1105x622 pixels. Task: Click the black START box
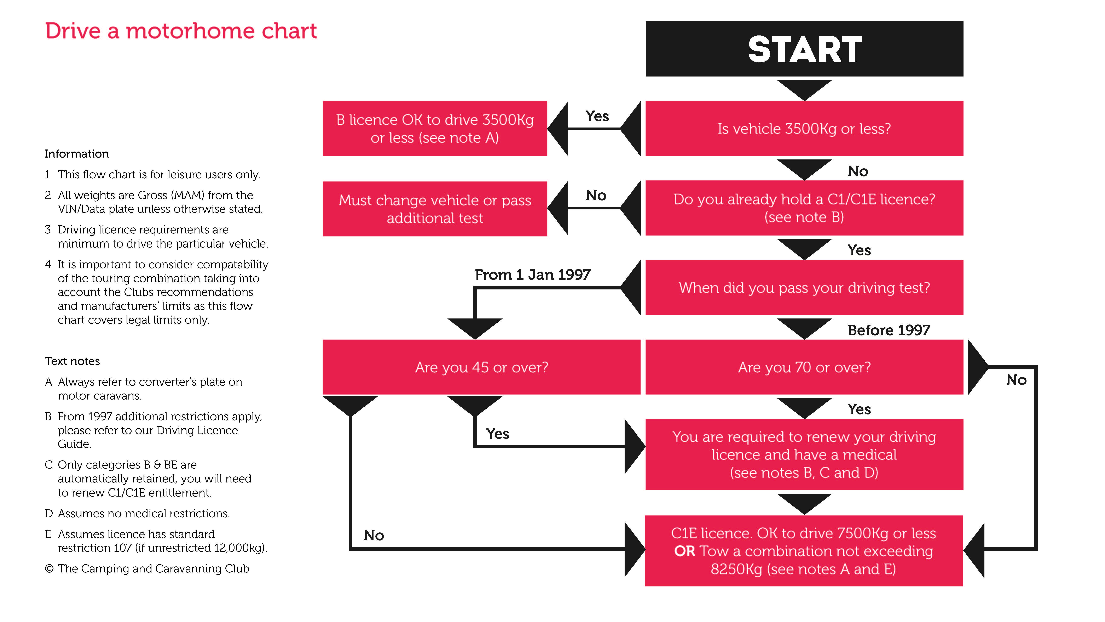click(804, 49)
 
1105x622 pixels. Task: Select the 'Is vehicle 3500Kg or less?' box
click(804, 128)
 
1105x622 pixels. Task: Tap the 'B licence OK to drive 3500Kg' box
click(435, 128)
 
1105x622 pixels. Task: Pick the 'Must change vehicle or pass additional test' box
click(435, 209)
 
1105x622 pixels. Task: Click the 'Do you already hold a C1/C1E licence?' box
click(804, 208)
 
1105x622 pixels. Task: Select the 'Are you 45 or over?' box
click(481, 367)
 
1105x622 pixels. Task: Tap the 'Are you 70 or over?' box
click(804, 367)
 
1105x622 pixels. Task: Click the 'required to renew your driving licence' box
click(804, 455)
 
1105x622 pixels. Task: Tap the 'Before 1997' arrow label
click(889, 330)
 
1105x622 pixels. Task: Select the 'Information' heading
click(77, 154)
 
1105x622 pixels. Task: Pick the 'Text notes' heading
click(72, 361)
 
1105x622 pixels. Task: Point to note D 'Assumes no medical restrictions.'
click(137, 513)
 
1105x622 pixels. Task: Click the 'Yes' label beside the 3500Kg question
click(597, 116)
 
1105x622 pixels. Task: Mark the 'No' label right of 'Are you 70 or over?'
click(1016, 380)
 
